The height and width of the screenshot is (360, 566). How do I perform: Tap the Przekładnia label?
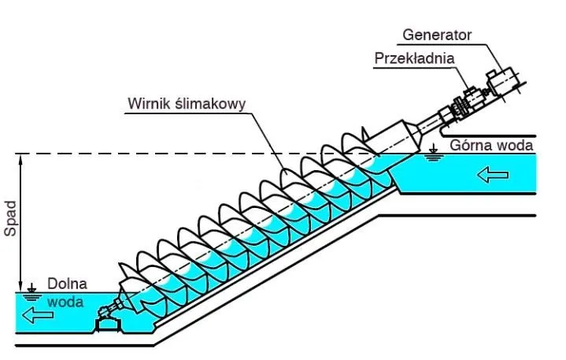pos(414,58)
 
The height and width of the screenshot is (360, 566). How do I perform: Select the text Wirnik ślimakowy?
pos(187,103)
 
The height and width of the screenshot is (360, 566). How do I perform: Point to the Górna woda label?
pos(492,145)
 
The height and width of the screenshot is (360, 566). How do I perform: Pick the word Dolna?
pos(67,284)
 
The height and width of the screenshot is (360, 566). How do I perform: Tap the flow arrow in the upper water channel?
pos(493,174)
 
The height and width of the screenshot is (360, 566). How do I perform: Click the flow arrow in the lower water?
pos(39,316)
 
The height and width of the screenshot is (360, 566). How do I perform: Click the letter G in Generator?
pos(408,35)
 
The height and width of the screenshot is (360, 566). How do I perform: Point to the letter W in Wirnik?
pos(134,103)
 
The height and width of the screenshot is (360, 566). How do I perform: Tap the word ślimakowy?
pos(209,103)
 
